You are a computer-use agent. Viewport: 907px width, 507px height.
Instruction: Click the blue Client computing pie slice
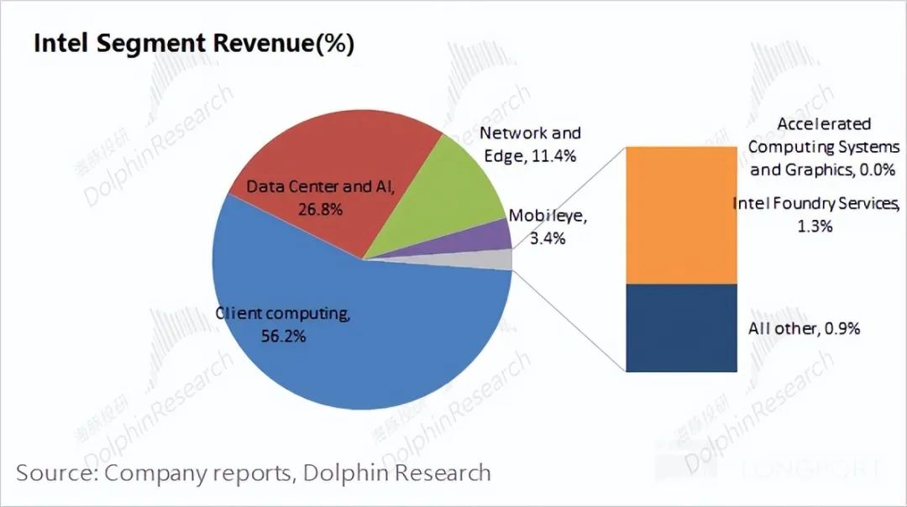[x=361, y=353]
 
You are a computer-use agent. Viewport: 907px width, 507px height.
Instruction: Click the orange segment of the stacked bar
[x=681, y=215]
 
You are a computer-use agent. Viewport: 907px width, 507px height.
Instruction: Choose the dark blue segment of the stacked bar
[x=681, y=327]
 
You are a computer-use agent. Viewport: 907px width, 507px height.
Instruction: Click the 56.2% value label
[x=283, y=336]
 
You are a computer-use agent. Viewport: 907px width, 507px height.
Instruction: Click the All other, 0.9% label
[x=804, y=328]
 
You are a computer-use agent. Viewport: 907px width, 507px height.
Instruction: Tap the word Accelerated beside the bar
[x=812, y=124]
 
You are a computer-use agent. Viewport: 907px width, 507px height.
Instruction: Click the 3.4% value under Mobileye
[x=547, y=238]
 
